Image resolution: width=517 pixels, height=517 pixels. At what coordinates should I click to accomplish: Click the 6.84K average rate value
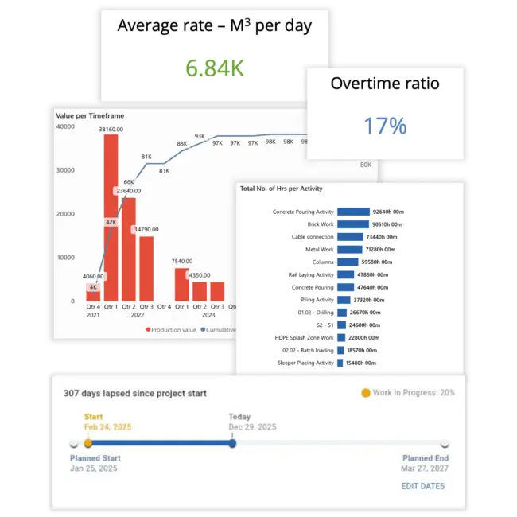214,68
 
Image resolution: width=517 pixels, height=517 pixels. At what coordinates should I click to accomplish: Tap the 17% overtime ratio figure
385,126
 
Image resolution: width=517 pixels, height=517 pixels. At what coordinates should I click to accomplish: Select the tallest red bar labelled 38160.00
110,215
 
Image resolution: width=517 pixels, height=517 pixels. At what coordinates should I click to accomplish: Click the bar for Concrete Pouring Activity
353,212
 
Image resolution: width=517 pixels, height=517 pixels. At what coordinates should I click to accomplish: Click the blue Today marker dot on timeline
232,443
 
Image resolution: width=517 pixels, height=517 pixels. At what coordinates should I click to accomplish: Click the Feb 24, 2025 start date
108,427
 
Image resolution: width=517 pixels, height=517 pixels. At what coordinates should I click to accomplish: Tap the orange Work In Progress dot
365,393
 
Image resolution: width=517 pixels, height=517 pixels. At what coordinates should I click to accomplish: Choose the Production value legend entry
171,329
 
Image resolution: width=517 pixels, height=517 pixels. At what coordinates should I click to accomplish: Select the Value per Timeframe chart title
90,116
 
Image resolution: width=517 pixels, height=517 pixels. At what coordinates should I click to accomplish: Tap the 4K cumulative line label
93,287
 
